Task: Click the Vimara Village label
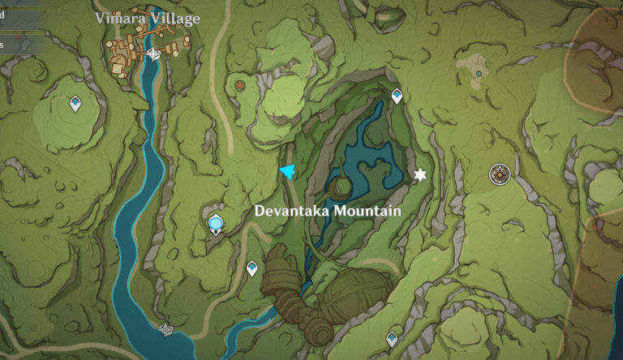click(x=147, y=19)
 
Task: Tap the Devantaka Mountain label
click(x=328, y=211)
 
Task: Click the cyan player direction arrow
click(x=287, y=170)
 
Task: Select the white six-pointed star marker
click(x=419, y=174)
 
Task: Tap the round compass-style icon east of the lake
click(x=499, y=173)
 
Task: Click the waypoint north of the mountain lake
click(x=397, y=96)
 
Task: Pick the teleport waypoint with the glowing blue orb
click(x=216, y=224)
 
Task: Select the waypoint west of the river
click(x=75, y=103)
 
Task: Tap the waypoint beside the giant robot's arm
click(x=252, y=268)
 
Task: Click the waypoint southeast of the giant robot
click(x=393, y=338)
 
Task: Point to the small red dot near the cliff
click(x=240, y=84)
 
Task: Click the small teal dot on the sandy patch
click(x=479, y=74)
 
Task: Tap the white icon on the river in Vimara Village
click(x=154, y=54)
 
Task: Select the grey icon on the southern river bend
click(x=166, y=328)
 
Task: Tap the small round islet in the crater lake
click(x=342, y=186)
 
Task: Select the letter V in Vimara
click(x=101, y=19)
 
